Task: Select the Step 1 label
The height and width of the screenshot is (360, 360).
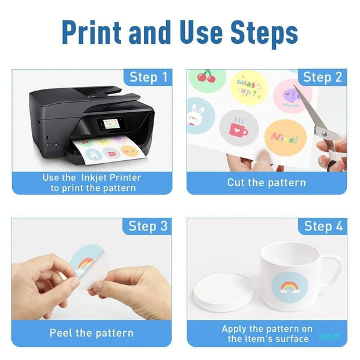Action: tap(149, 77)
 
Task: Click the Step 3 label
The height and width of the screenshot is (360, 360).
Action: tap(148, 226)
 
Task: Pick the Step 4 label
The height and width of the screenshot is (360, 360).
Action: tap(323, 226)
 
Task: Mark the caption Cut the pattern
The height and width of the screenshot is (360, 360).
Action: tap(266, 182)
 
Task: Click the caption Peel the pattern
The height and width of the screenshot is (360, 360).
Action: tap(92, 332)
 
